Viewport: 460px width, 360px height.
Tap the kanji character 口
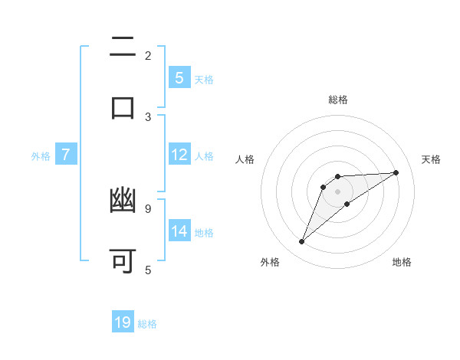[123, 106]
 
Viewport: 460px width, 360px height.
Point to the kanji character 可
[123, 260]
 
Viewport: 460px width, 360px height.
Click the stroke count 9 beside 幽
[148, 208]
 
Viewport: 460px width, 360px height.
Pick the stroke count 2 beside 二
[148, 55]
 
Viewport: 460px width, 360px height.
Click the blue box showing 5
[179, 77]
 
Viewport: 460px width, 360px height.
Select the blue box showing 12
[179, 155]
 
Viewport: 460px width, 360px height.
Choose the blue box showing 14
[179, 231]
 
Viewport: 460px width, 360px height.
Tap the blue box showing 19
[123, 322]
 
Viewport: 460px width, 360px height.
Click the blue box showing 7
[66, 155]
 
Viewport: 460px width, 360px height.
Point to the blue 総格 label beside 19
[147, 324]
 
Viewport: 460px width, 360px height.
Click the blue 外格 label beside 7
[41, 156]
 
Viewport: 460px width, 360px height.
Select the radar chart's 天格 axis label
[431, 159]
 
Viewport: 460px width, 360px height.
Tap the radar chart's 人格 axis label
[245, 159]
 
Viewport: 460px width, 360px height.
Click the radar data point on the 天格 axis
[396, 172]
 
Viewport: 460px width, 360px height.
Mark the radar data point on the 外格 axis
[301, 242]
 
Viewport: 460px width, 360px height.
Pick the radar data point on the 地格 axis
[347, 204]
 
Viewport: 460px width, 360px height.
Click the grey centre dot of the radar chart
[337, 191]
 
